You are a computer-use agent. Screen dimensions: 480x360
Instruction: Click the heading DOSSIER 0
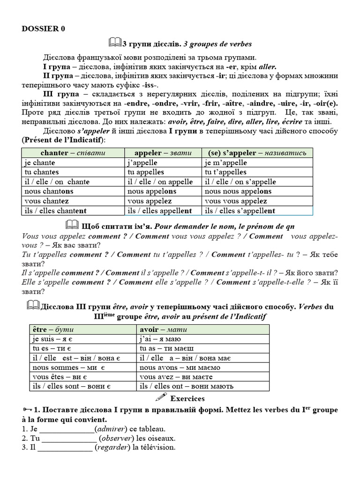point(44,29)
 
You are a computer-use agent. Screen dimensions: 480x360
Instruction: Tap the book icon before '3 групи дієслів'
point(115,43)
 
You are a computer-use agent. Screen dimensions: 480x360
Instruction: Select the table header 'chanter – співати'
point(73,153)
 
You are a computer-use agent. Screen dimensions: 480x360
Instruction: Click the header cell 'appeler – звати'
point(163,153)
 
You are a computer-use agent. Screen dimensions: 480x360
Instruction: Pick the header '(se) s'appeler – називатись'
point(257,153)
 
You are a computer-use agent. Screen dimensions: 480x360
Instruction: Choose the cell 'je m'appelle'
point(226,163)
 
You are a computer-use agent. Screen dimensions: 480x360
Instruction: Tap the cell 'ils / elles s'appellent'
point(240,211)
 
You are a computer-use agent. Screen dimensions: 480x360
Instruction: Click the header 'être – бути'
point(53,329)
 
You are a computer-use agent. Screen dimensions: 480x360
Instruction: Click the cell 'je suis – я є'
point(52,339)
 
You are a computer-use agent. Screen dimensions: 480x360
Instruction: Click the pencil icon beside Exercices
point(160,398)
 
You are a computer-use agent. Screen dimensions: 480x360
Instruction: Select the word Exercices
point(187,398)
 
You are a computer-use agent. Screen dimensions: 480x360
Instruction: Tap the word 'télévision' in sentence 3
point(157,448)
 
